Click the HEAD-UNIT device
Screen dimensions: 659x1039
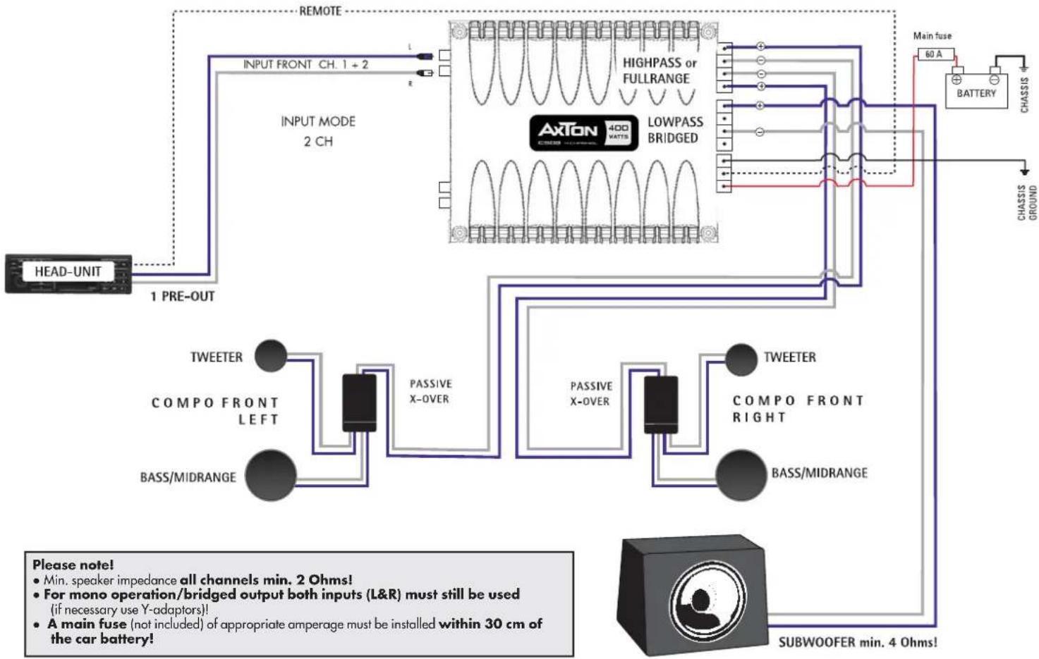tap(68, 273)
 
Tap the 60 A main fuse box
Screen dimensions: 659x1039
tap(935, 54)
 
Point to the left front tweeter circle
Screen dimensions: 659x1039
tap(271, 356)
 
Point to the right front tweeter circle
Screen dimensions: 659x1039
tap(741, 359)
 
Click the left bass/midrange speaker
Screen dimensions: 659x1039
tap(271, 475)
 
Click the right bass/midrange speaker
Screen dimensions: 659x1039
tap(741, 475)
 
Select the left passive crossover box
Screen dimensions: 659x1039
tap(359, 402)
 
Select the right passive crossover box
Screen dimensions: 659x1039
tap(661, 405)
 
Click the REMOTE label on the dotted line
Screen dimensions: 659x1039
tap(320, 11)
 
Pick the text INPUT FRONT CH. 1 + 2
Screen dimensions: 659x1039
tap(305, 64)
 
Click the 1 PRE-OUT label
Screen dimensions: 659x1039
tap(182, 297)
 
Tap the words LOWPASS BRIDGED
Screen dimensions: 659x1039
tap(674, 130)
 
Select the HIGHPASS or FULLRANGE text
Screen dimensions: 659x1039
tap(658, 70)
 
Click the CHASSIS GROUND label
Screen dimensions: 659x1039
tap(1027, 203)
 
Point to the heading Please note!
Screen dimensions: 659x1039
tap(73, 565)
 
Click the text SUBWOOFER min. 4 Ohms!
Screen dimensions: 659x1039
tap(857, 642)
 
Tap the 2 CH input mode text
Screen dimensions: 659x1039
tap(318, 141)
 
